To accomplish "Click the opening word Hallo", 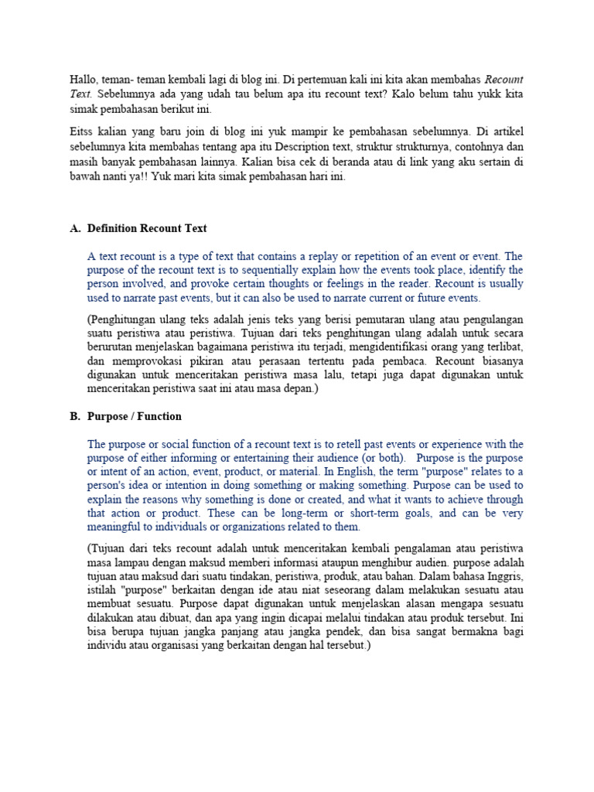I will [x=84, y=80].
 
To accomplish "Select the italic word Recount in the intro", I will [x=504, y=80].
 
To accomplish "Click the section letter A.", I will [x=74, y=228].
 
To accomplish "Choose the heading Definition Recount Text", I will [x=147, y=228].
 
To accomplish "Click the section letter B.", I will [x=74, y=416].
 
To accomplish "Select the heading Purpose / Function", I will [x=135, y=416].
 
